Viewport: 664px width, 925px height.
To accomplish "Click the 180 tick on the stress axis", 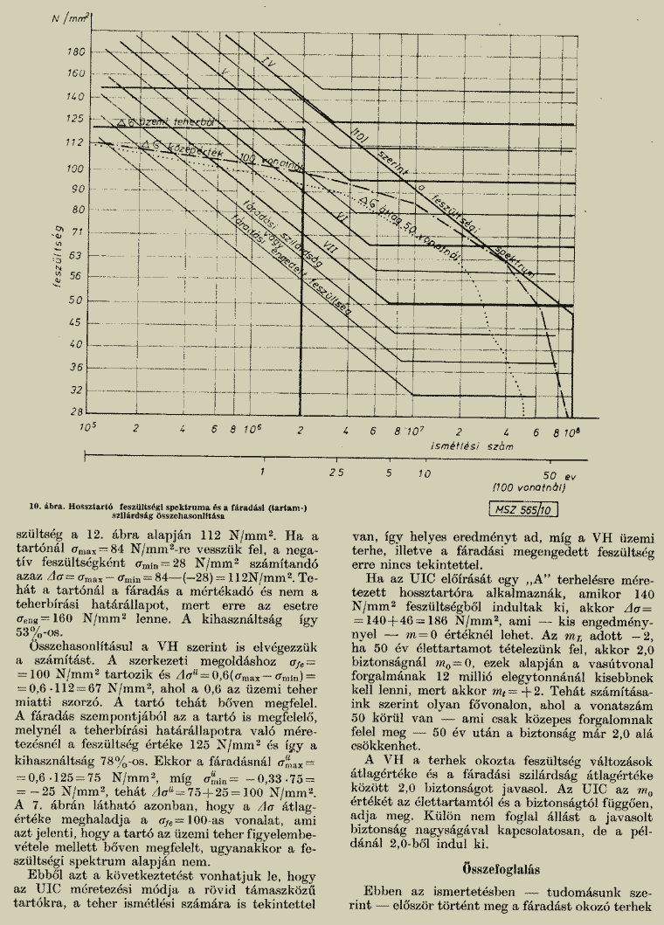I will click(x=76, y=52).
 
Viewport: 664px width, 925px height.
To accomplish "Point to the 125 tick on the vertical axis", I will click(x=76, y=118).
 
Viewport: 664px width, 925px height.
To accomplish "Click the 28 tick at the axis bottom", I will click(x=77, y=411).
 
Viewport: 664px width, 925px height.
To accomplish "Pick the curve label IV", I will click(x=270, y=63).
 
